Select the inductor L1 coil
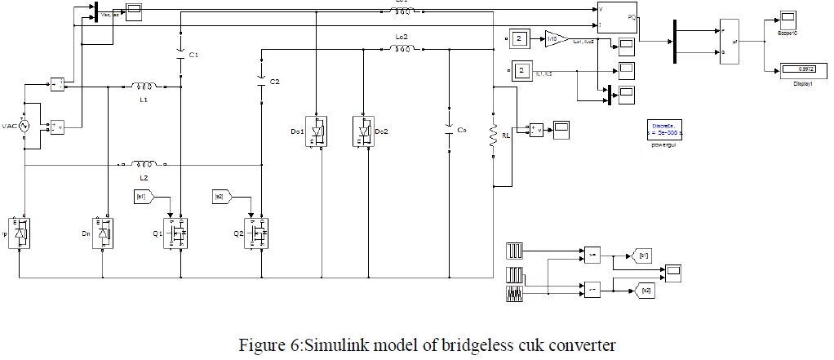pyautogui.click(x=144, y=85)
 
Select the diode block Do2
pyautogui.click(x=363, y=131)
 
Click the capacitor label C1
pyautogui.click(x=193, y=55)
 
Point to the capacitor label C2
pyautogui.click(x=275, y=82)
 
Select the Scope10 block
pyautogui.click(x=787, y=19)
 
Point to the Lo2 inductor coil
pyautogui.click(x=401, y=49)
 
